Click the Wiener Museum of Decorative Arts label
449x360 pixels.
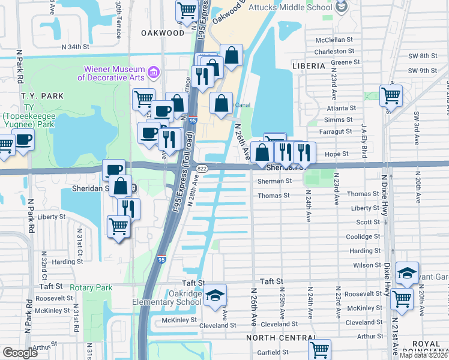click(111, 73)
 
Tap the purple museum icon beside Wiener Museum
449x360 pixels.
click(154, 73)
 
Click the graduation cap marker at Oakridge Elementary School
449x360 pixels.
click(214, 295)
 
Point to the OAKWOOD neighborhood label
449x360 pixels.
click(163, 33)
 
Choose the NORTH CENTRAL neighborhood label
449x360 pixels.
click(280, 338)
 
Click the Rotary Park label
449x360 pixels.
click(91, 288)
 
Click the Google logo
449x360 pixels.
click(20, 353)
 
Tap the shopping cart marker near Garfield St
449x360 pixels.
click(319, 349)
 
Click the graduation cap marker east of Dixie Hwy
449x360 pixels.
click(407, 273)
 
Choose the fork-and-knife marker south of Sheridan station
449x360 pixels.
click(128, 208)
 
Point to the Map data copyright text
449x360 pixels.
click(423, 355)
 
